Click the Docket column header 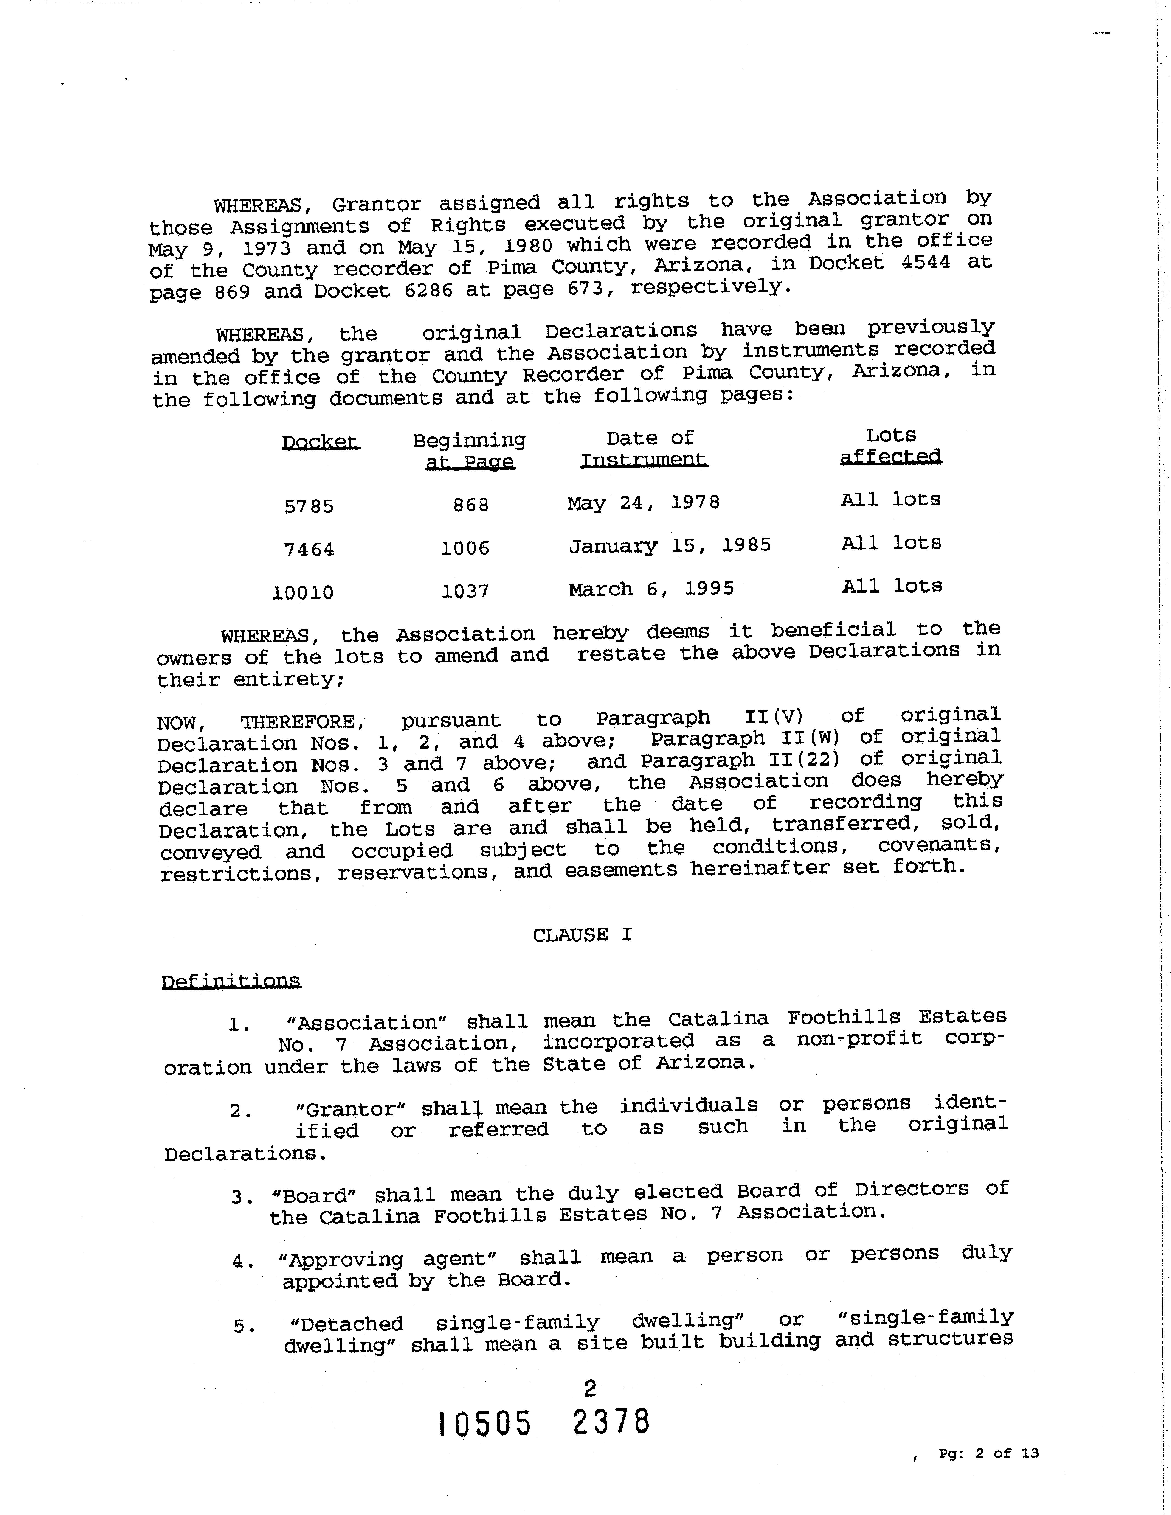pos(321,442)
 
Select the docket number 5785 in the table pos(309,506)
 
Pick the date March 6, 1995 pos(651,589)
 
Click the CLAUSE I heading pos(582,935)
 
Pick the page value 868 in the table pos(471,505)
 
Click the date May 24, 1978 pos(643,502)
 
